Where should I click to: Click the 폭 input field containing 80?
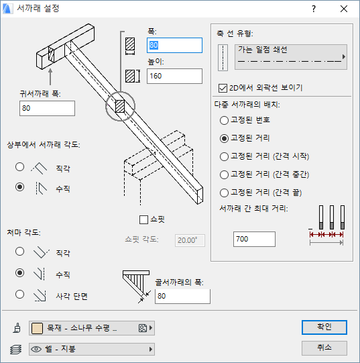[x=174, y=45]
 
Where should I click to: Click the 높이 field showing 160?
[x=174, y=76]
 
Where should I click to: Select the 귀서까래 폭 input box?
[x=47, y=108]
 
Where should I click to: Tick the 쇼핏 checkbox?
[x=143, y=219]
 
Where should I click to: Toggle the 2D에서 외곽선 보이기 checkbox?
[x=223, y=88]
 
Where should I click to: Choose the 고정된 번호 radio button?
[x=224, y=120]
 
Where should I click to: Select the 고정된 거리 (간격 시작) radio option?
[x=224, y=156]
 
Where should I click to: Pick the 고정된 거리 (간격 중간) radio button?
[x=224, y=174]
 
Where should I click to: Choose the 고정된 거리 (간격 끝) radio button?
[x=224, y=193]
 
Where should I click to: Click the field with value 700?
[x=254, y=239]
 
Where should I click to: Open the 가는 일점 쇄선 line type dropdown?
[x=291, y=57]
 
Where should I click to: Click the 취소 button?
[x=324, y=348]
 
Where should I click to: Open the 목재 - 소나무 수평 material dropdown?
[x=92, y=328]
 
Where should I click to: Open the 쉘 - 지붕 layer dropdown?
[x=92, y=349]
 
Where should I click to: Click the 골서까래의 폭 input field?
[x=182, y=296]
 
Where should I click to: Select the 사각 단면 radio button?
[x=19, y=295]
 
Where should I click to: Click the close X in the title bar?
[x=344, y=9]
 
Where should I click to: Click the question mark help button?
[x=314, y=9]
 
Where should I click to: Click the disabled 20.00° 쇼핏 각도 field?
[x=190, y=240]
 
